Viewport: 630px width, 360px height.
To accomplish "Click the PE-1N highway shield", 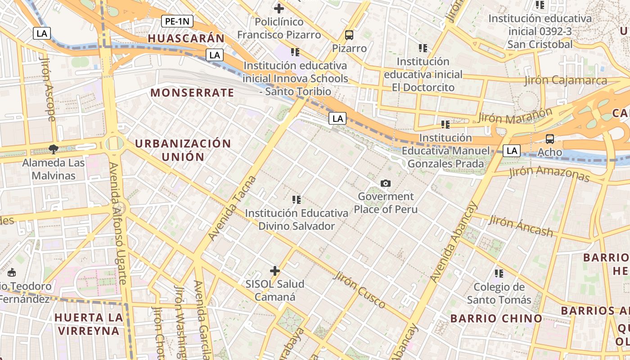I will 177,21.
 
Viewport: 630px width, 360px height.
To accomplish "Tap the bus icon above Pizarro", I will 349,35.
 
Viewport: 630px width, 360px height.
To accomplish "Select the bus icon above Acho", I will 549,139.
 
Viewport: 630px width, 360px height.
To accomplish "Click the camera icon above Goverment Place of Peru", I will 385,183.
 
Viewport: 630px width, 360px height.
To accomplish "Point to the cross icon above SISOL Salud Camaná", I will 274,271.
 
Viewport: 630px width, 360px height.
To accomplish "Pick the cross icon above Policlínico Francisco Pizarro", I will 279,8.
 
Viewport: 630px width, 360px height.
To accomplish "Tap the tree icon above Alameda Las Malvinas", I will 53,149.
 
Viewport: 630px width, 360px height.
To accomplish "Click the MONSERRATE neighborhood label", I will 192,93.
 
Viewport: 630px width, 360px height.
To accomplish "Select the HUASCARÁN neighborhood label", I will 186,39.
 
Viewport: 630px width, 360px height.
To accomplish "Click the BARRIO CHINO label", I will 496,319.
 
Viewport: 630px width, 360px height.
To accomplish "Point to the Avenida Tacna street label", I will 232,208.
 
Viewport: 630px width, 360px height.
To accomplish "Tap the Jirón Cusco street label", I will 360,289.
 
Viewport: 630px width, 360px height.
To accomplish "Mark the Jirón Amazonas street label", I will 549,174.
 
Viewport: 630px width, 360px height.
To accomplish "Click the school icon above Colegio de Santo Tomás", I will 499,273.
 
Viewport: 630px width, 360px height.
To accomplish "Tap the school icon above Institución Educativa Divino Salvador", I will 296,199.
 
